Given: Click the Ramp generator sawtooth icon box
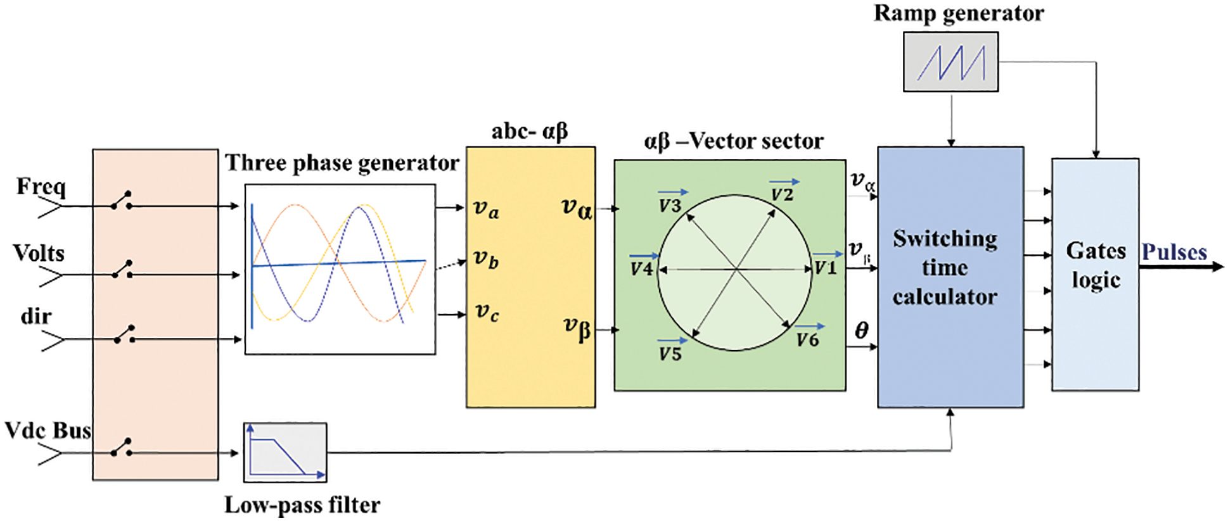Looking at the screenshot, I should pyautogui.click(x=950, y=62).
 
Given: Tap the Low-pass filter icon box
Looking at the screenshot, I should pyautogui.click(x=285, y=452).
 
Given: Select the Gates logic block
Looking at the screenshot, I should pyautogui.click(x=1095, y=273).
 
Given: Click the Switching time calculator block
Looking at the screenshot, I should pyautogui.click(x=950, y=277).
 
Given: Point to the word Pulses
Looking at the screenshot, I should pyautogui.click(x=1174, y=252).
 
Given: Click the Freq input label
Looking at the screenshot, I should pyautogui.click(x=41, y=187).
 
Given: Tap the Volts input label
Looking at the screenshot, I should pyautogui.click(x=39, y=253).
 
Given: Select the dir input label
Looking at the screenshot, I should pyautogui.click(x=36, y=316).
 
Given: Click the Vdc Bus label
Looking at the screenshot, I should pyautogui.click(x=48, y=430).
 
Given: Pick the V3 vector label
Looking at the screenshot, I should pyautogui.click(x=670, y=204).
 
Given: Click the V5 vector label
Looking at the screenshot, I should pyautogui.click(x=670, y=353).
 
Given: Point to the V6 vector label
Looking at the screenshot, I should pyautogui.click(x=808, y=339).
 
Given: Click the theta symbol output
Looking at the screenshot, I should pyautogui.click(x=861, y=330).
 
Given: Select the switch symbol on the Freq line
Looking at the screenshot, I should pyautogui.click(x=122, y=201).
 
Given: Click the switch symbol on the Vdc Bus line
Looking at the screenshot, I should pyautogui.click(x=122, y=448).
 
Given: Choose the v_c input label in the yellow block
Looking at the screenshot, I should pyautogui.click(x=487, y=312).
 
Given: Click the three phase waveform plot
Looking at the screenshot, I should pyautogui.click(x=340, y=269).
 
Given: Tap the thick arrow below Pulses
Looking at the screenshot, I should pyautogui.click(x=1181, y=267).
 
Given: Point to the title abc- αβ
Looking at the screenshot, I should pyautogui.click(x=530, y=132).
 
